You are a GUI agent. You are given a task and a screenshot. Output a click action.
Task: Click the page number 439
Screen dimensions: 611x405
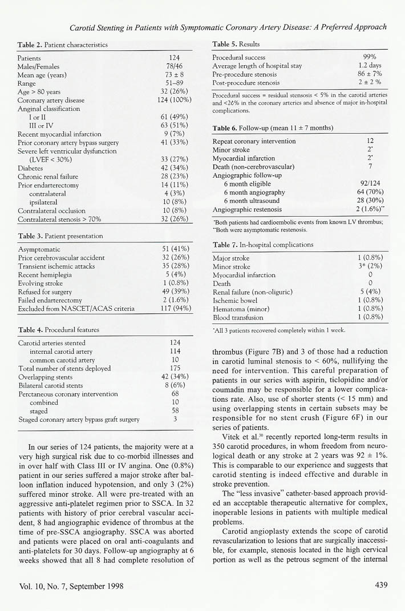pos(382,585)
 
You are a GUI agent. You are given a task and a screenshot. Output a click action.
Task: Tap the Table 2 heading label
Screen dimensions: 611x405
pos(30,45)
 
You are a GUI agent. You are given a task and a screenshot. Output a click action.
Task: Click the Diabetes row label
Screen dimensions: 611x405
pos(31,169)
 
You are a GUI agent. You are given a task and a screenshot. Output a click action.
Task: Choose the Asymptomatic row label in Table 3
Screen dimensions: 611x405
pos(39,249)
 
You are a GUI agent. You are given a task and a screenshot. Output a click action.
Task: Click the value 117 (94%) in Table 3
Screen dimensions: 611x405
pos(176,309)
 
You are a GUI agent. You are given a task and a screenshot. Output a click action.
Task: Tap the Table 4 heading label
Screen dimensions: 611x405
pos(30,330)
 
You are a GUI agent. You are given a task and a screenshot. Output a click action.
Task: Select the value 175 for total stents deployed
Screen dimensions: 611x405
pos(175,369)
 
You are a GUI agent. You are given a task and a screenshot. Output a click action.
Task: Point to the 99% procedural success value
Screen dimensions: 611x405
pos(369,57)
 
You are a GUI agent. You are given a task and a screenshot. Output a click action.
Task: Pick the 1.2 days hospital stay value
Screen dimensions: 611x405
pos(369,66)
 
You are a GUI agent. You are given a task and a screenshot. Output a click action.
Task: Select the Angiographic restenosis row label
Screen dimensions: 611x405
pos(247,210)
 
